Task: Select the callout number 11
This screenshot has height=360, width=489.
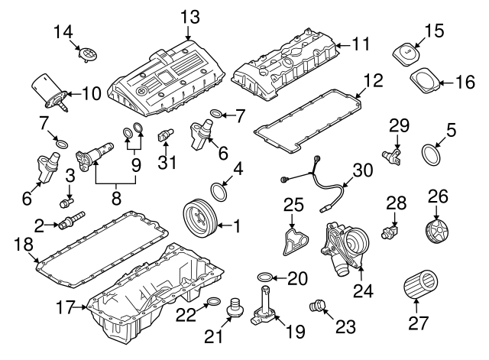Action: (361, 44)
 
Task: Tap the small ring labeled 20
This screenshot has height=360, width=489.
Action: (263, 276)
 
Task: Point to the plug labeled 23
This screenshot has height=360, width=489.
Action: (313, 307)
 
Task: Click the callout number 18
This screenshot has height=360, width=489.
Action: (24, 244)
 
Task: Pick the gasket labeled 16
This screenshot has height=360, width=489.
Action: (423, 80)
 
